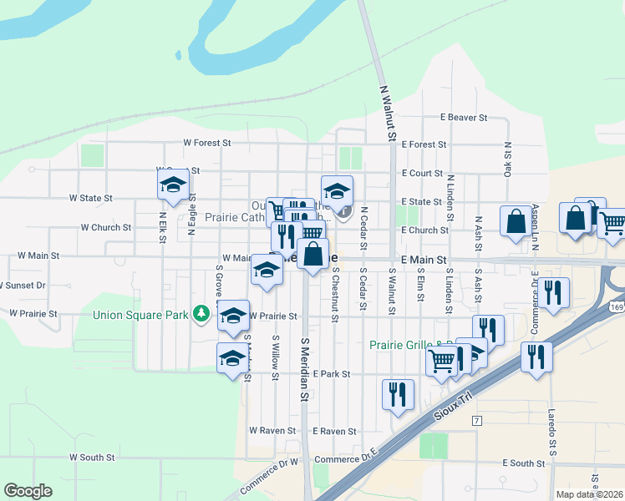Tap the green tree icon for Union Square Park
pos(201,314)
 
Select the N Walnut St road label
pos(387,109)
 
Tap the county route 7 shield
pos(476,420)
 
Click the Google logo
pos(28,491)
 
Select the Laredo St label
pos(552,450)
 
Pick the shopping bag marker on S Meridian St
pos(313,254)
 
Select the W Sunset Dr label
pos(22,285)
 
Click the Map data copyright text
pos(589,494)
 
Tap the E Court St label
pos(421,173)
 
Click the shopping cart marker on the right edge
pos(612,224)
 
